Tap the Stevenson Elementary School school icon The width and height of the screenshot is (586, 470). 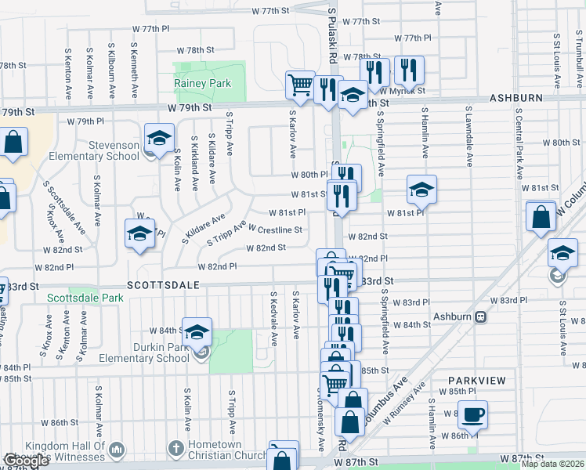tap(159, 138)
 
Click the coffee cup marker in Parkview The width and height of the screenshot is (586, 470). tap(472, 414)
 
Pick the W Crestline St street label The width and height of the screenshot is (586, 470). tap(275, 230)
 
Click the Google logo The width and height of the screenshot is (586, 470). tap(26, 461)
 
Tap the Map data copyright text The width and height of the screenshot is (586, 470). tap(552, 464)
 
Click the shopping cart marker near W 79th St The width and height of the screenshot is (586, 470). tap(300, 85)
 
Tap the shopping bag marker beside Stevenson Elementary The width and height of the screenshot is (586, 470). tap(13, 143)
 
